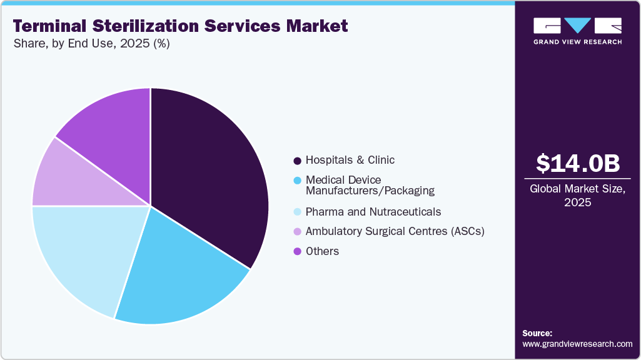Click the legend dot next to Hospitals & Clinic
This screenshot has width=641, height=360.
298,161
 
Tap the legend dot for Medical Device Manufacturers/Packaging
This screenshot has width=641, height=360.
298,181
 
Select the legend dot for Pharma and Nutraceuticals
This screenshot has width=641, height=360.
298,212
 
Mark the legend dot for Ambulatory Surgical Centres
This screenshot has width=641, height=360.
298,232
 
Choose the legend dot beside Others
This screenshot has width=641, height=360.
298,252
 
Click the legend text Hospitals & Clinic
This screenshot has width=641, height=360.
350,160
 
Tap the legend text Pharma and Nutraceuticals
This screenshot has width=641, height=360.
373,212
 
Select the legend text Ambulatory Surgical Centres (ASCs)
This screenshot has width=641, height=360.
395,231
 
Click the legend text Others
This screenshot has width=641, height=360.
323,251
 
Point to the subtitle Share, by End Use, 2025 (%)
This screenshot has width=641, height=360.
91,44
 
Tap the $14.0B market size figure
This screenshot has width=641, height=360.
578,163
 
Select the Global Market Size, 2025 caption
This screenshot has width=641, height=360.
578,196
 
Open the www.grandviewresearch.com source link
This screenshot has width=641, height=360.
577,344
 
